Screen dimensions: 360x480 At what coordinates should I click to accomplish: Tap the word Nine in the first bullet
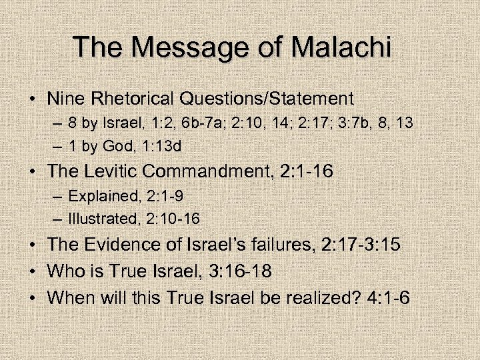65,99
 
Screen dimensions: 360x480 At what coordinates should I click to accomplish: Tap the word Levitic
115,171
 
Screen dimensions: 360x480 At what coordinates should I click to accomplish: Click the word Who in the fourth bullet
64,271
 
